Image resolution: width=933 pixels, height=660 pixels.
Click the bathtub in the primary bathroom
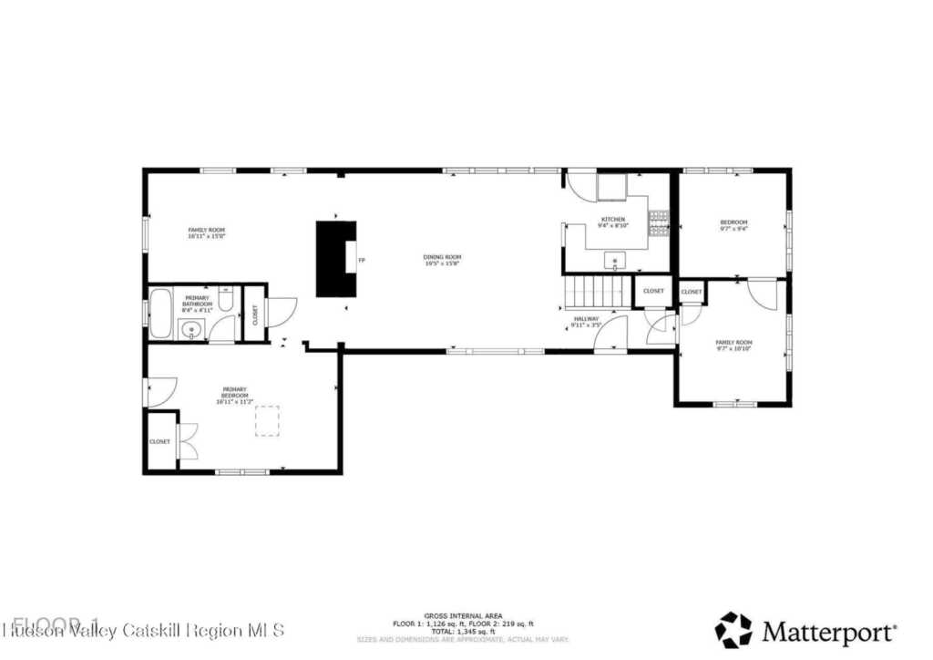click(161, 313)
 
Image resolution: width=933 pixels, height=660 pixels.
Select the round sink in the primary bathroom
click(192, 330)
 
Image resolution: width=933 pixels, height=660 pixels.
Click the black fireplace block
click(335, 258)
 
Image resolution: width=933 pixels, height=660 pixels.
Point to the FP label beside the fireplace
click(362, 261)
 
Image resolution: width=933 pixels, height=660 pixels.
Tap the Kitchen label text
click(612, 221)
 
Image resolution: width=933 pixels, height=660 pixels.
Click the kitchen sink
click(617, 262)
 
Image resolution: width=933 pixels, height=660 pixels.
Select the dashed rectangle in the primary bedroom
click(267, 420)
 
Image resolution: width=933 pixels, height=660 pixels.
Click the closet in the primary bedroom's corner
click(159, 441)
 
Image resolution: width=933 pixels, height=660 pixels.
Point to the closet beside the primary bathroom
click(254, 315)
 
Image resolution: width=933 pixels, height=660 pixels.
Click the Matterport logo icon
click(733, 630)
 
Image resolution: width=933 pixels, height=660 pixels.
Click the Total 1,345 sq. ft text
click(463, 631)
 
